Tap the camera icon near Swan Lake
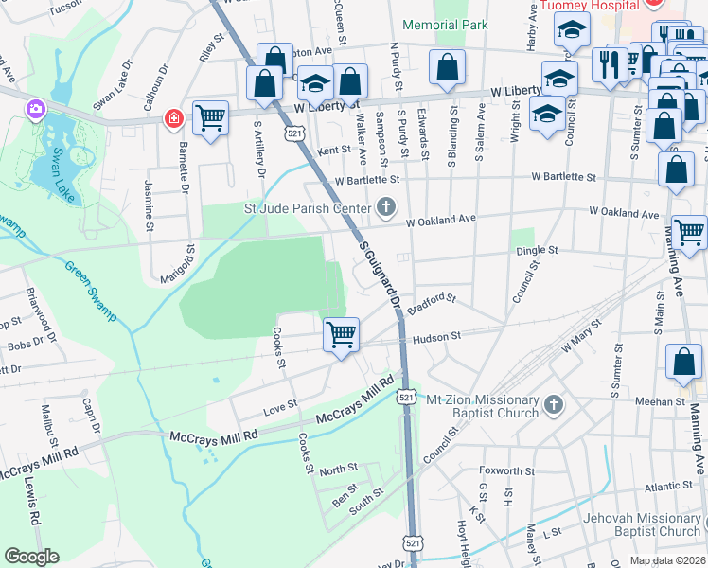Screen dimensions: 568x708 pyautogui.click(x=37, y=110)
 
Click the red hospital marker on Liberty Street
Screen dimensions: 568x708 pyautogui.click(x=173, y=118)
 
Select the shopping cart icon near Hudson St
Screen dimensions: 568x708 pyautogui.click(x=341, y=334)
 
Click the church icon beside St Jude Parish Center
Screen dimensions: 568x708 pyautogui.click(x=385, y=206)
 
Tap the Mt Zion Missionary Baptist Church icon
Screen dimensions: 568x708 pyautogui.click(x=555, y=405)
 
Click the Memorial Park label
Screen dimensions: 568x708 pyautogui.click(x=445, y=25)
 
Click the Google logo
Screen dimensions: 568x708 pyautogui.click(x=31, y=557)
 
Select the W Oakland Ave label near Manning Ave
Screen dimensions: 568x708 pyautogui.click(x=624, y=215)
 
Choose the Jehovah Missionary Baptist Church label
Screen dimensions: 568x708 pyautogui.click(x=628, y=524)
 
